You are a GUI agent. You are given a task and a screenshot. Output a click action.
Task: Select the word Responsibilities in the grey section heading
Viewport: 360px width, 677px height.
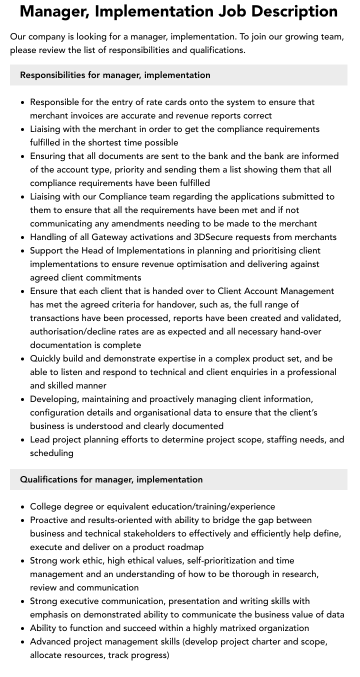click(52, 75)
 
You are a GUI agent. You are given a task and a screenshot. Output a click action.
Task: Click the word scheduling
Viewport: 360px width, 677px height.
click(51, 453)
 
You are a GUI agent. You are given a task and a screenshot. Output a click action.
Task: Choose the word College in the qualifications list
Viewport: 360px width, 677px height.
click(45, 506)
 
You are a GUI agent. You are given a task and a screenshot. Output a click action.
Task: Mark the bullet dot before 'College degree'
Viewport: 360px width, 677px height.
click(23, 507)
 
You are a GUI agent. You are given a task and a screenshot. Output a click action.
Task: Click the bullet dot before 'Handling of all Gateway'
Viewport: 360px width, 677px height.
click(23, 237)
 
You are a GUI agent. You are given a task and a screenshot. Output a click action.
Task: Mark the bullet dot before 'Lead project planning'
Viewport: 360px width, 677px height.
click(23, 440)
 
